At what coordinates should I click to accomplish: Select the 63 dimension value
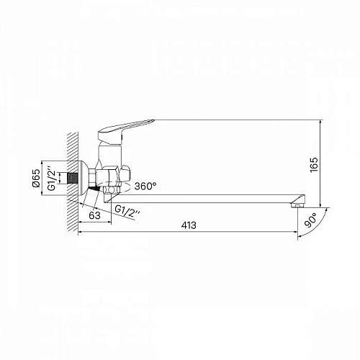click(94, 213)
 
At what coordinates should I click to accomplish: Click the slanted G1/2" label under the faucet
click(129, 210)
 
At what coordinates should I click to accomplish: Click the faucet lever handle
click(133, 125)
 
